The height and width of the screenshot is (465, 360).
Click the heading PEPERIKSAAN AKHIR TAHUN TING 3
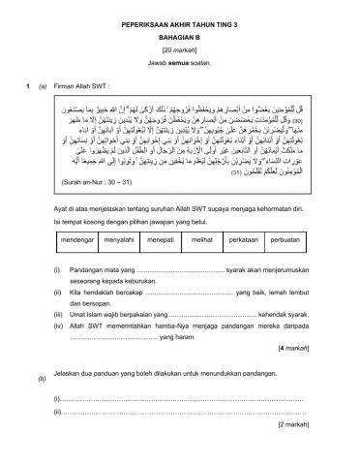[179, 18]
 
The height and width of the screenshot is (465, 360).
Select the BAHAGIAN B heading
[179, 32]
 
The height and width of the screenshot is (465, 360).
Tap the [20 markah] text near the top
[179, 46]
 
